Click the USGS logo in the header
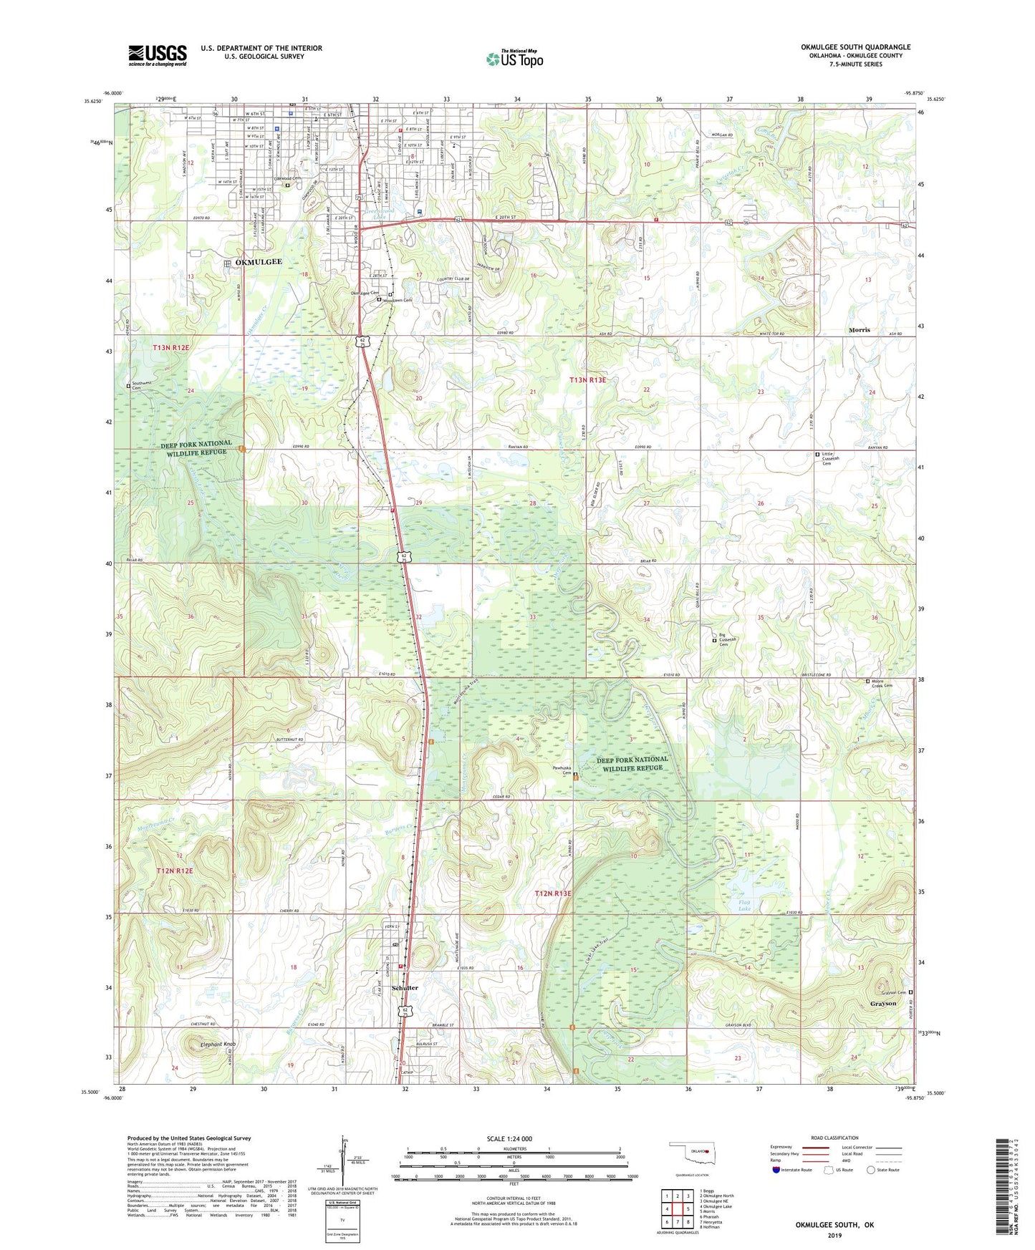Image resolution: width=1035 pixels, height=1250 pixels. (x=158, y=55)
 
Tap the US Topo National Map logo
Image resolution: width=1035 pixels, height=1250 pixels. (x=514, y=59)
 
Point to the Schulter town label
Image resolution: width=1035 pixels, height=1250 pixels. (x=405, y=987)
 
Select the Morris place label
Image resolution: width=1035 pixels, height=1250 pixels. (x=859, y=330)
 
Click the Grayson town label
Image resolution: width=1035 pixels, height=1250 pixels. (x=882, y=1003)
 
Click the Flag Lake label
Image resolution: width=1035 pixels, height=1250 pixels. (x=745, y=906)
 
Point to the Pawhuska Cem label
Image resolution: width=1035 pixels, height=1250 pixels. (x=562, y=770)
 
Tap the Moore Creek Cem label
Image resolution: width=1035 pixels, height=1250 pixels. (x=882, y=684)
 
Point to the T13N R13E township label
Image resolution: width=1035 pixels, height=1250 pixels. (x=587, y=380)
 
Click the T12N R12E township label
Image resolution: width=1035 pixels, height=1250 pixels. (x=175, y=871)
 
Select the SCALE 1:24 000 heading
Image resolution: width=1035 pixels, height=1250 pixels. (x=509, y=1138)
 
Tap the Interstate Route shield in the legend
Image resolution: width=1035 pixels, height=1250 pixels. (x=776, y=1170)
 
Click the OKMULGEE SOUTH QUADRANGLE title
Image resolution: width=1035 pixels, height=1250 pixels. (x=855, y=47)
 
